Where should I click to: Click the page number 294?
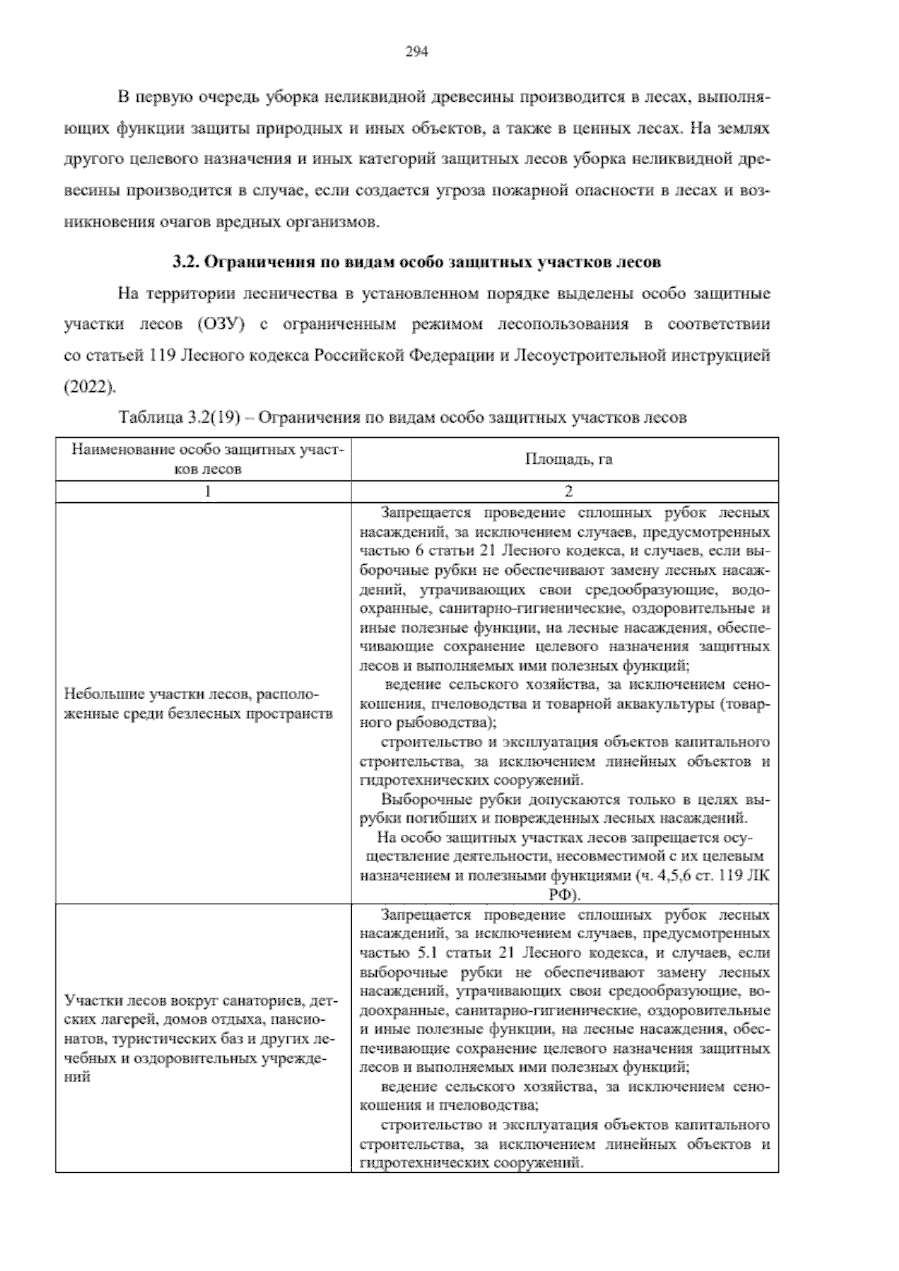coord(416,52)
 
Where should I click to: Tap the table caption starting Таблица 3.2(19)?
coord(402,418)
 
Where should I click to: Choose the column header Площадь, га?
coord(568,459)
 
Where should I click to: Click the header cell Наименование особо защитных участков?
coord(208,459)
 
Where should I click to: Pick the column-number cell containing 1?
coord(208,492)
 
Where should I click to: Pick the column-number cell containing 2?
coord(568,492)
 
